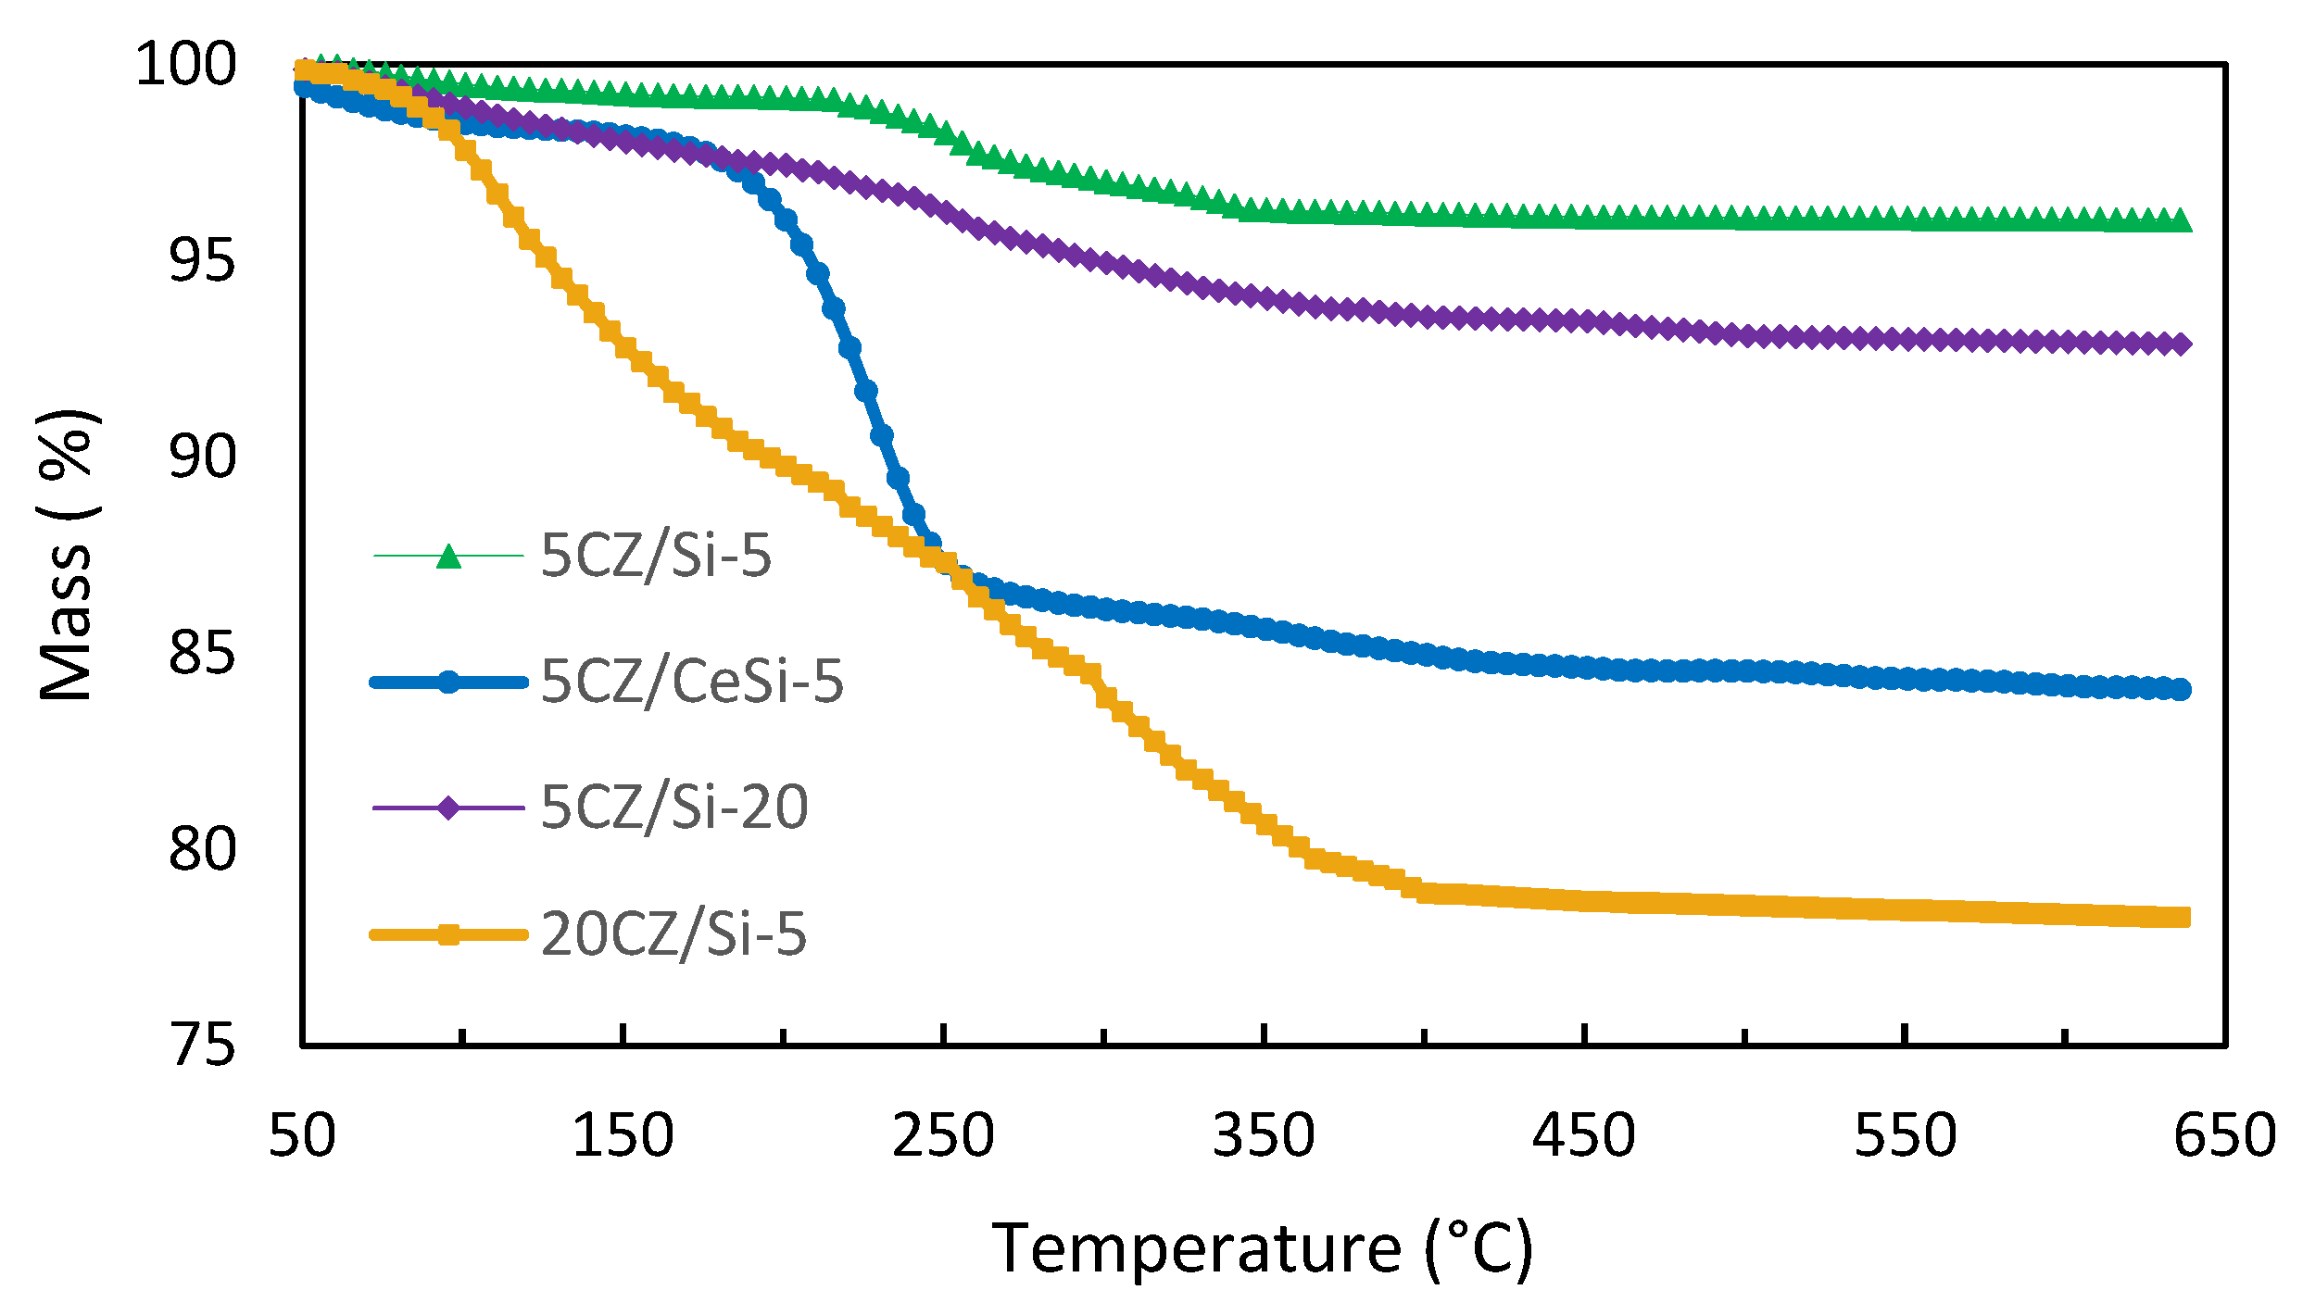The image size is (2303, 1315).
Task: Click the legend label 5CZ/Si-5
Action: coord(656,556)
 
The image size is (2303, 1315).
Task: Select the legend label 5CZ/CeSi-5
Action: coord(692,682)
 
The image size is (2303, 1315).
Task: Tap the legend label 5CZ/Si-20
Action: coord(674,807)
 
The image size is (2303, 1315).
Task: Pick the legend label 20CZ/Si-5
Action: coord(673,933)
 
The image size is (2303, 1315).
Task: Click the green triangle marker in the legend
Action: coord(448,556)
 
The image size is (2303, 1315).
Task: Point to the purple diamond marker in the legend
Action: coord(448,808)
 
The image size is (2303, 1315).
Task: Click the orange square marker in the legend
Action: coord(448,934)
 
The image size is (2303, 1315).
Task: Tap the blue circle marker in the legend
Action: coord(448,683)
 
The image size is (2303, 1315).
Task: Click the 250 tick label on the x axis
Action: coord(943,1135)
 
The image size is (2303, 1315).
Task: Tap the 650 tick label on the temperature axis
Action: coord(2224,1135)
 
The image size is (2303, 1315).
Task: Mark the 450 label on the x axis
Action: coord(1584,1135)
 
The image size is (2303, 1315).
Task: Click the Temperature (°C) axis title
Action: coord(1262,1250)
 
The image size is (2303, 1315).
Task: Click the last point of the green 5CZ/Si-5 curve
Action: coord(2181,220)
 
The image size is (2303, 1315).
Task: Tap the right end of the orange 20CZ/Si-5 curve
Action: coord(2181,917)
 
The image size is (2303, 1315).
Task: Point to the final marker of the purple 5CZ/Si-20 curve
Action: coord(2181,344)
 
